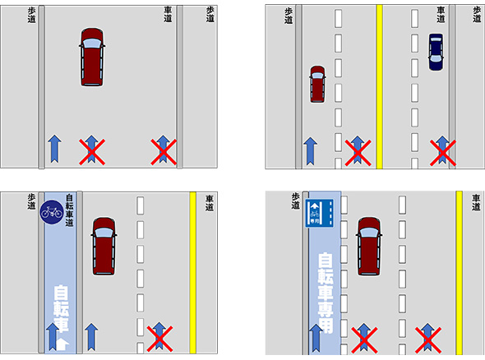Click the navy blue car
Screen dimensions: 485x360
[436, 52]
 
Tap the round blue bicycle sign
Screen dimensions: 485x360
[52, 212]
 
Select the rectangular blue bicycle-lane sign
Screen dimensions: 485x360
[320, 213]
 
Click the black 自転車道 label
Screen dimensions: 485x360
[69, 210]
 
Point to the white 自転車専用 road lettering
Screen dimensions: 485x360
[326, 293]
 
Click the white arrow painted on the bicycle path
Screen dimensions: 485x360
[63, 344]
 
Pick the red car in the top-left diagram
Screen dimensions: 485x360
[92, 58]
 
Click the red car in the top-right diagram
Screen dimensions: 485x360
[317, 84]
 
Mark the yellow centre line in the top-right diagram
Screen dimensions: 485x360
[379, 87]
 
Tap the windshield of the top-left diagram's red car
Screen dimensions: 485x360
[92, 44]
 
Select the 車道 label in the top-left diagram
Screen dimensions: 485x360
[168, 15]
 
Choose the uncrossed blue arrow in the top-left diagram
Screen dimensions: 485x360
[54, 149]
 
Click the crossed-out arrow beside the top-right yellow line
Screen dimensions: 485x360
[358, 150]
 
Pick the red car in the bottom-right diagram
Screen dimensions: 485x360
[369, 247]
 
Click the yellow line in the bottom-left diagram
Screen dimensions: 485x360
[192, 273]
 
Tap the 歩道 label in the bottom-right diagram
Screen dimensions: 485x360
[296, 201]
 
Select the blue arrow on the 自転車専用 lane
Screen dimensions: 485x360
[316, 338]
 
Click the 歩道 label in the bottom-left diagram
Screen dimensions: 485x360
[31, 201]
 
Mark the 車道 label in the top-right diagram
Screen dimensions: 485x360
[441, 15]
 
